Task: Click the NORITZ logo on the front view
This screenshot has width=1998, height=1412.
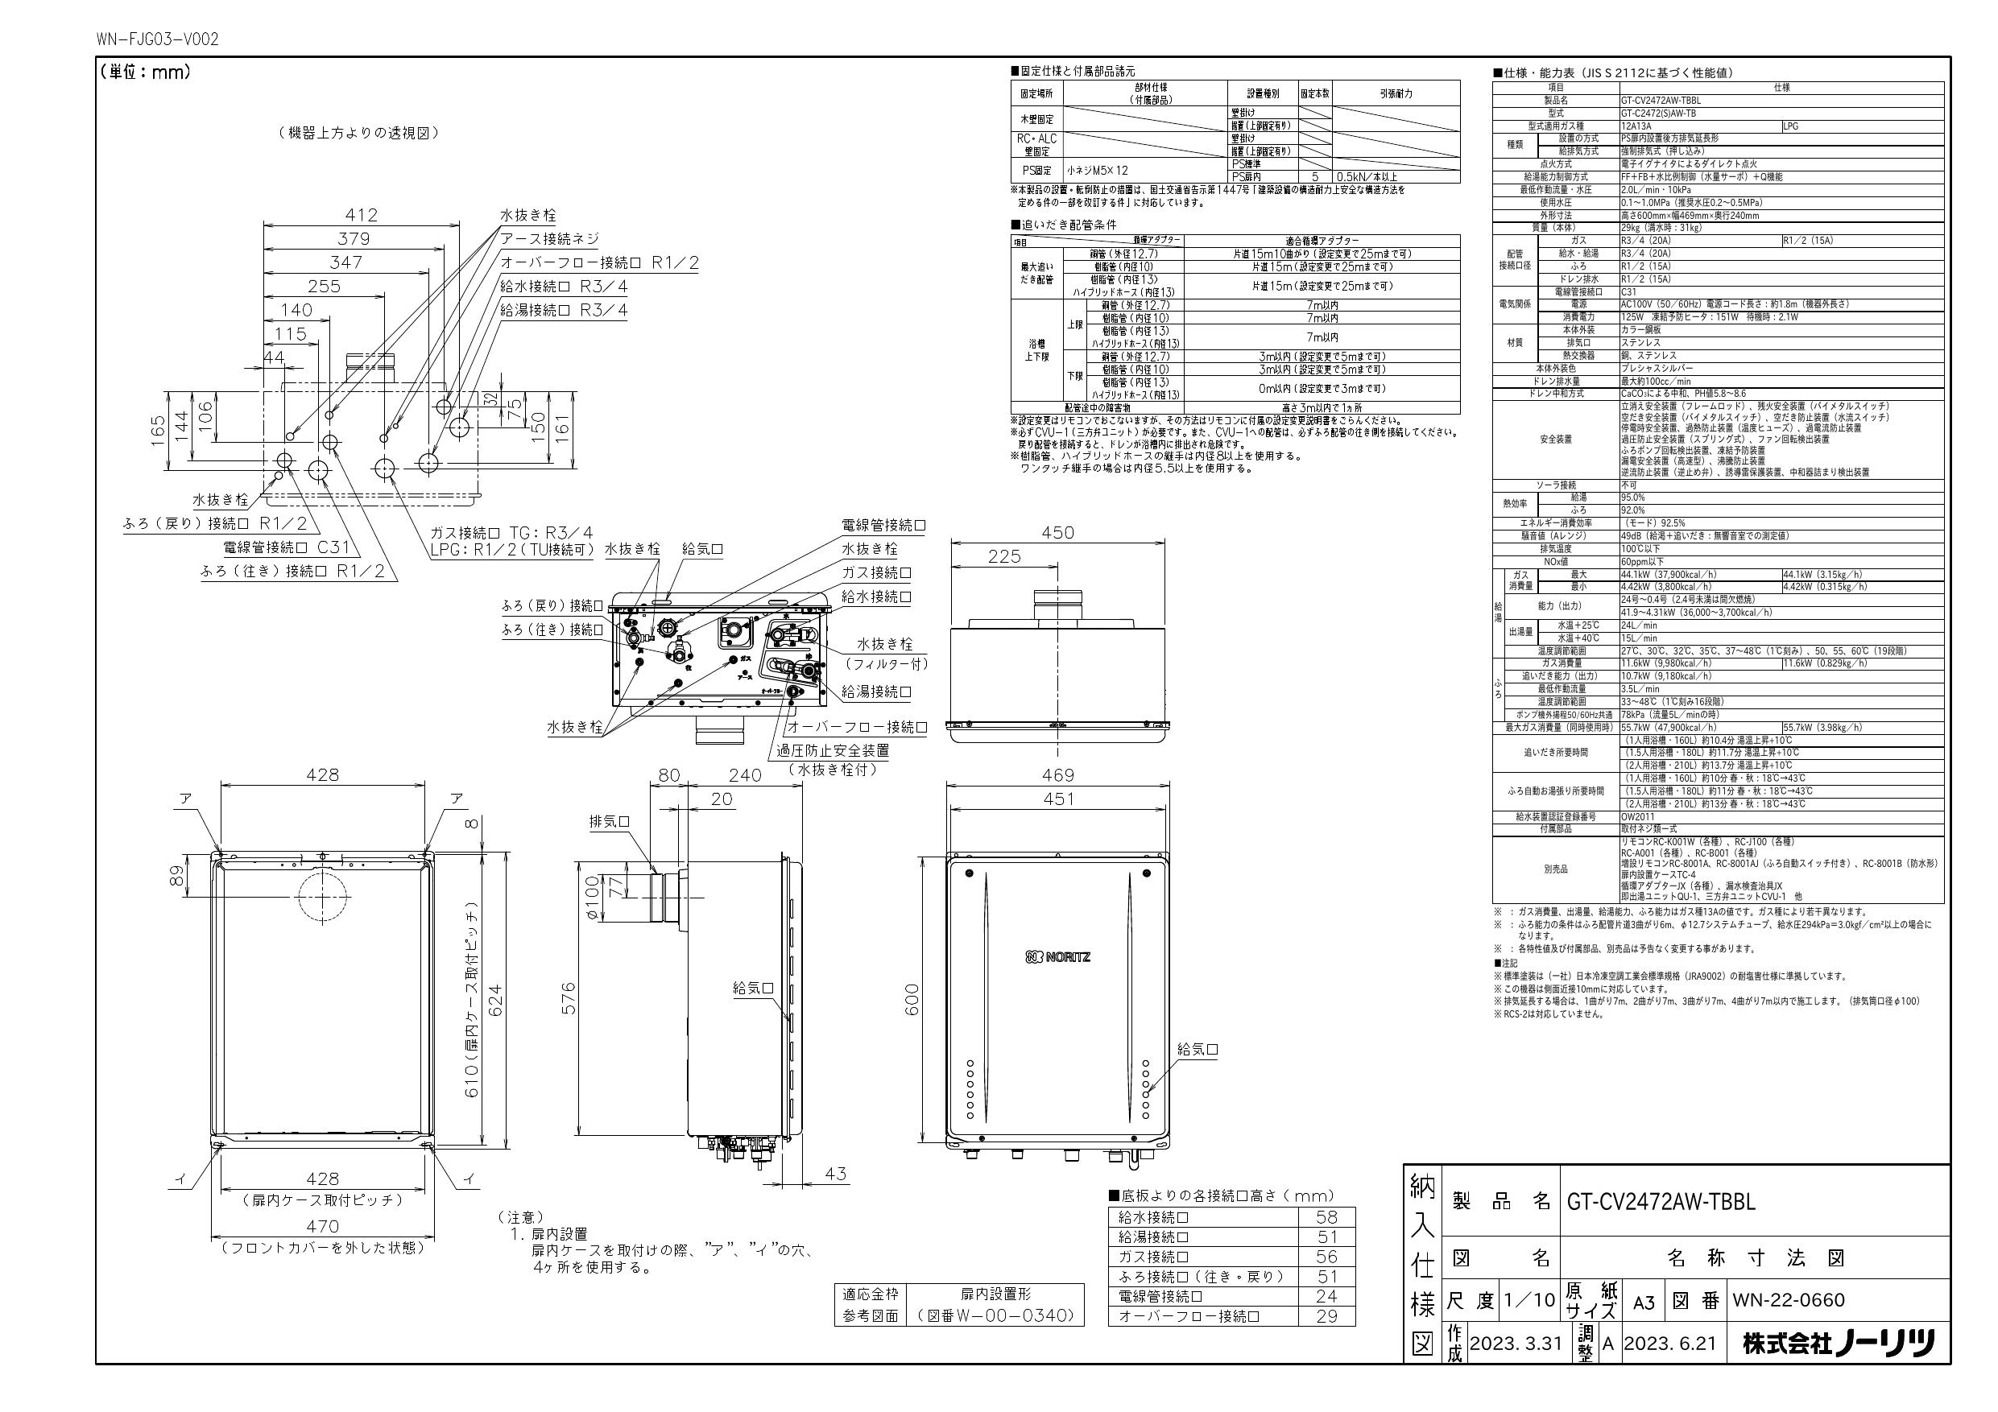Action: pyautogui.click(x=1057, y=957)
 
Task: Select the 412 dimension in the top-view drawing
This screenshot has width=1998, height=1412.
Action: pyautogui.click(x=360, y=214)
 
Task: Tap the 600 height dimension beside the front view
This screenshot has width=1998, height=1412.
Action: pyautogui.click(x=911, y=1000)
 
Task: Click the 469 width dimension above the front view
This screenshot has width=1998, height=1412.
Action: pyautogui.click(x=1057, y=774)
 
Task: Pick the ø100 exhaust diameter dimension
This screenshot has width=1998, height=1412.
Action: pyautogui.click(x=593, y=898)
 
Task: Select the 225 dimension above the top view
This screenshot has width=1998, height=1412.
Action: pyautogui.click(x=1004, y=556)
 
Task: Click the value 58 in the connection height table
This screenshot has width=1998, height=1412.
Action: pyautogui.click(x=1327, y=1217)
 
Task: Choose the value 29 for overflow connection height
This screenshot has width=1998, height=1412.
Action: pyautogui.click(x=1327, y=1315)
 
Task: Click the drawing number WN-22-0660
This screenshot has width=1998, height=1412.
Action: pyautogui.click(x=1789, y=1300)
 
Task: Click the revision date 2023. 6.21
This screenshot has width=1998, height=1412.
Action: pyautogui.click(x=1670, y=1344)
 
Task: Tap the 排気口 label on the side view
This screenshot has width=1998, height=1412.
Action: pyautogui.click(x=609, y=821)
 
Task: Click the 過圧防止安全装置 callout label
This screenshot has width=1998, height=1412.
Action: pyautogui.click(x=833, y=750)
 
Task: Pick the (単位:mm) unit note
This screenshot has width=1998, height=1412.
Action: pyautogui.click(x=144, y=72)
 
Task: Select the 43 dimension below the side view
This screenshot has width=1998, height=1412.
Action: pyautogui.click(x=835, y=1174)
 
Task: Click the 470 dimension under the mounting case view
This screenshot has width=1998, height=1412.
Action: pyautogui.click(x=322, y=1227)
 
